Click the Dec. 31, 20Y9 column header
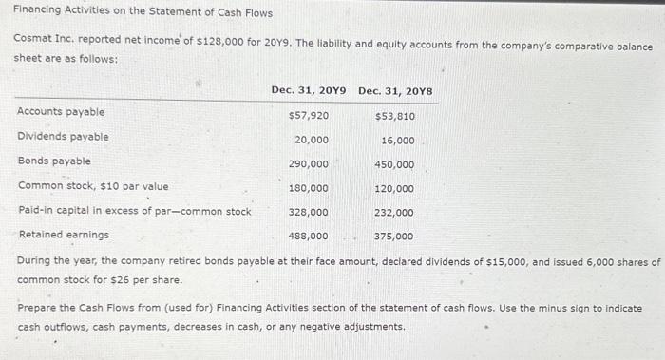(x=309, y=90)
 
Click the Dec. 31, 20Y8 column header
(x=395, y=90)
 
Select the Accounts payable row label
(x=62, y=112)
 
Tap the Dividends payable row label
(x=64, y=137)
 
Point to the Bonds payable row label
(x=55, y=161)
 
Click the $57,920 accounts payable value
(x=308, y=115)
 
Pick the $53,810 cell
(x=394, y=116)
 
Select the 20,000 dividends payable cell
(x=312, y=140)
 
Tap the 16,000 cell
(x=397, y=140)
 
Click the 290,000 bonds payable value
(x=309, y=164)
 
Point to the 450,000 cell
(x=394, y=164)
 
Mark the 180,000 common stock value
(x=309, y=188)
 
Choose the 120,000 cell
(x=394, y=189)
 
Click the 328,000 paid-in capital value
(x=309, y=212)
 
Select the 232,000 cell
(x=394, y=213)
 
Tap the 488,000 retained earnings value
(x=309, y=236)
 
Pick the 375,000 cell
(x=394, y=237)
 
